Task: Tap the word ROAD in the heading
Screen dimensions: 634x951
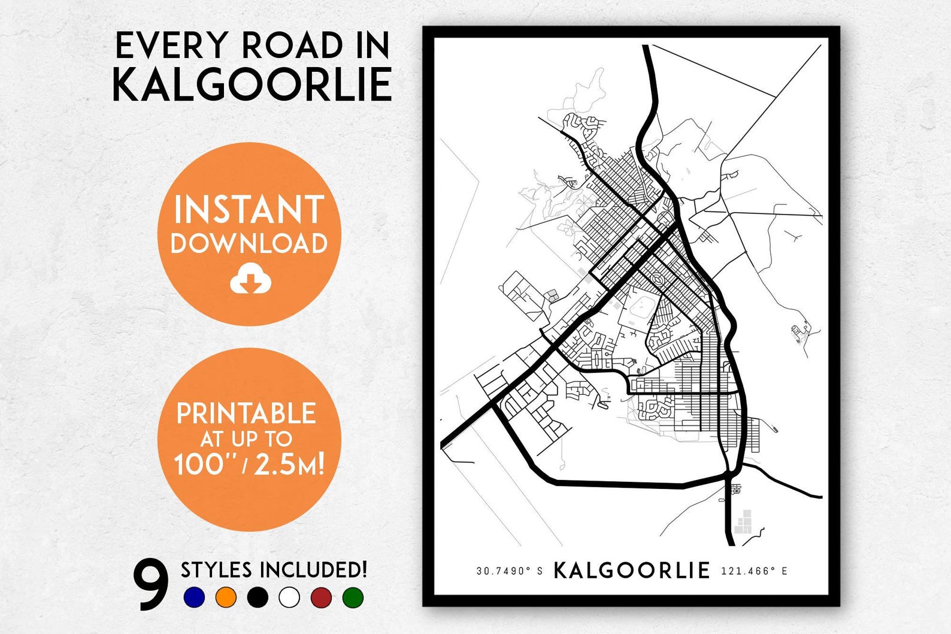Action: (291, 46)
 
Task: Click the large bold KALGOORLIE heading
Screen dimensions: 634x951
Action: (252, 84)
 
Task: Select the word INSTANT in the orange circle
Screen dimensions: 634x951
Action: (249, 210)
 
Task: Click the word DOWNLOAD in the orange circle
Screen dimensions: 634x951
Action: (249, 243)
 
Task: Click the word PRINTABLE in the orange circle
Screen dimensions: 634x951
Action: (246, 414)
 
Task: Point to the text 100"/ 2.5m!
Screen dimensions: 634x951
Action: (249, 464)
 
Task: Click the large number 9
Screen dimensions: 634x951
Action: (151, 584)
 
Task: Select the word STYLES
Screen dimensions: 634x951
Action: (216, 570)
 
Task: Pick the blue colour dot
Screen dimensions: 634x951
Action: (195, 597)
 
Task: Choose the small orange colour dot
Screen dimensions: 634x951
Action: (226, 597)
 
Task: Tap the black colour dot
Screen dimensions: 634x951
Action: (258, 597)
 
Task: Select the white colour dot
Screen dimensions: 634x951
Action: (289, 597)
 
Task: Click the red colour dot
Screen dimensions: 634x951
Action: (321, 597)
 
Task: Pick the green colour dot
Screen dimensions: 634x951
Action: (353, 597)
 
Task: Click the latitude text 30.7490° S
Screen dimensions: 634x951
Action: (510, 571)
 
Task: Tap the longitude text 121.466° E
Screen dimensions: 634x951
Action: (754, 571)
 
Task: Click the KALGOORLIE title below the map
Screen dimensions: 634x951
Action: (632, 570)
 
